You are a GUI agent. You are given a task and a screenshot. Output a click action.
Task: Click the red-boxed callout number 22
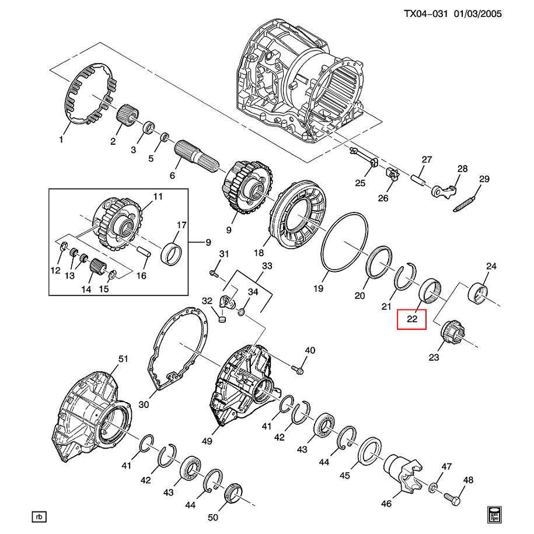412,319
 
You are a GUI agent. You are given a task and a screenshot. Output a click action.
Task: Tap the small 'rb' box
39,516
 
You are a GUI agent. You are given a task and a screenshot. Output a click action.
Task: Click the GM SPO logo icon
493,512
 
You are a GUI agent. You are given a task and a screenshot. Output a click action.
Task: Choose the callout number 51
123,359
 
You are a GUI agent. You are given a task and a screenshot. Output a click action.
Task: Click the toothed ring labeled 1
90,93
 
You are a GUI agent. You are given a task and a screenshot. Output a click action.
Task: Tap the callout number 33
267,266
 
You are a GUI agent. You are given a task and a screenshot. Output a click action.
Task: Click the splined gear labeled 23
452,334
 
